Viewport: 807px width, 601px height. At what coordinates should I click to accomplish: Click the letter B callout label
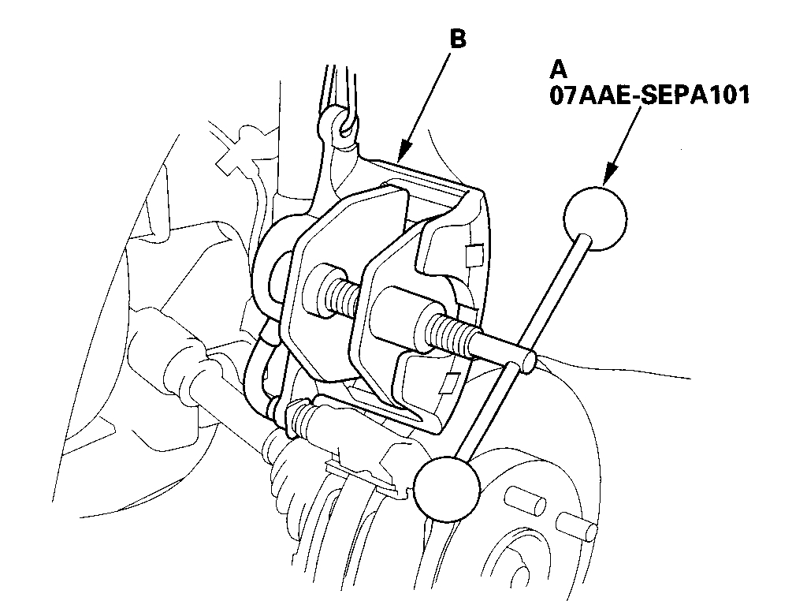point(457,38)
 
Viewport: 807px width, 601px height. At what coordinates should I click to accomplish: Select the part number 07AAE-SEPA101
point(649,95)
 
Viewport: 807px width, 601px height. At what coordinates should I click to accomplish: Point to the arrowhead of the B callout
point(402,159)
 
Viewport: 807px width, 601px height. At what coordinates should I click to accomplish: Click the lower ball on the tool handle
point(446,490)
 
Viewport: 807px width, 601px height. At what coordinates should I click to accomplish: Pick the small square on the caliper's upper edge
point(474,254)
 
